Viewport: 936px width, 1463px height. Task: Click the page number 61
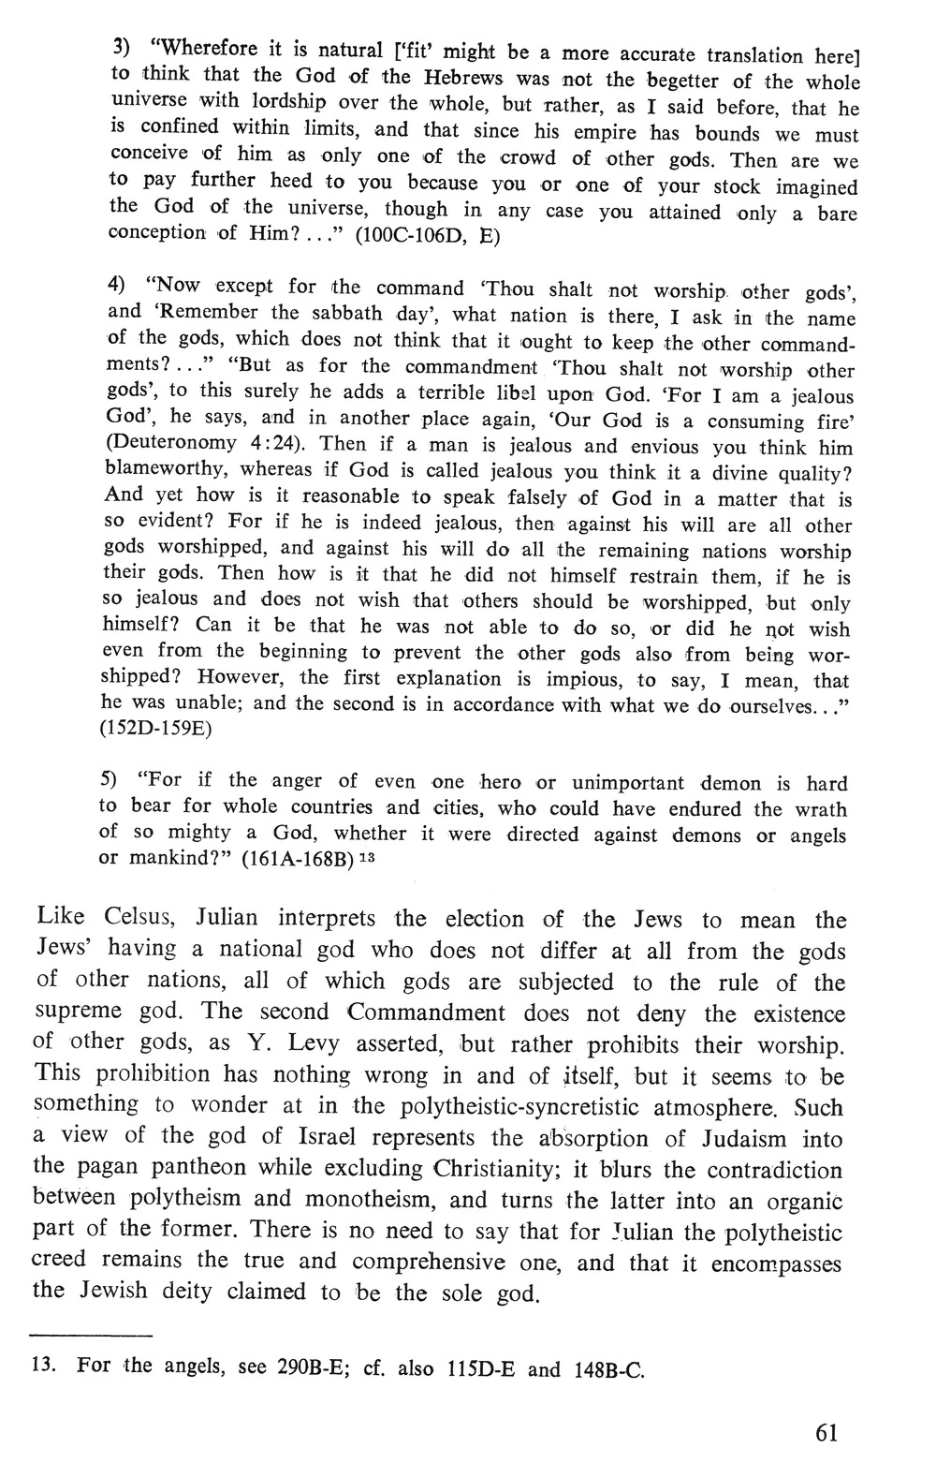pos(826,1433)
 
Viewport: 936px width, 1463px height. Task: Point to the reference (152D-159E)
pos(155,730)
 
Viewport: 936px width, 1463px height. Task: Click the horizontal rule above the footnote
pos(91,1334)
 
